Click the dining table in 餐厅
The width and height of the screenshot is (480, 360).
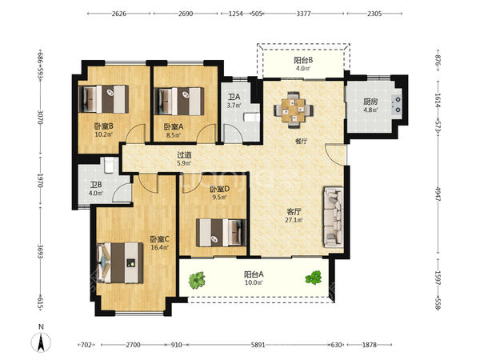(294, 110)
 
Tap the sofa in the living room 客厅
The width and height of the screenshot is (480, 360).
(333, 217)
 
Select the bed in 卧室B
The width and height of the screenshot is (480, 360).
(103, 99)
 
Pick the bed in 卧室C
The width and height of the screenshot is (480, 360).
(120, 262)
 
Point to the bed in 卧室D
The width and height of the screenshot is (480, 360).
(221, 232)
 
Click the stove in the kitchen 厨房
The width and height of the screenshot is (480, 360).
(397, 104)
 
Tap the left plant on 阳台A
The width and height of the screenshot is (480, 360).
(197, 280)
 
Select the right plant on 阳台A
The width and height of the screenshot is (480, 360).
(314, 278)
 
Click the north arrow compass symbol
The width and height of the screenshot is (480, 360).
(41, 342)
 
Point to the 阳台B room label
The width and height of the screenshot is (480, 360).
(303, 60)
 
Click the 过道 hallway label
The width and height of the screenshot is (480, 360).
(184, 155)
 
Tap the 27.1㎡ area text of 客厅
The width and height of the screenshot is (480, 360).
(294, 220)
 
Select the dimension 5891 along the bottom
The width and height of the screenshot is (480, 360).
(258, 345)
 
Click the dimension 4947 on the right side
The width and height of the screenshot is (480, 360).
(438, 194)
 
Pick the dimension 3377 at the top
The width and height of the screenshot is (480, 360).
(304, 14)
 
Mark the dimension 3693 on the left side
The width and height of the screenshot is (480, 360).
(40, 251)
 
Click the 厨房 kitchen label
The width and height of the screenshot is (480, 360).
(370, 102)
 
